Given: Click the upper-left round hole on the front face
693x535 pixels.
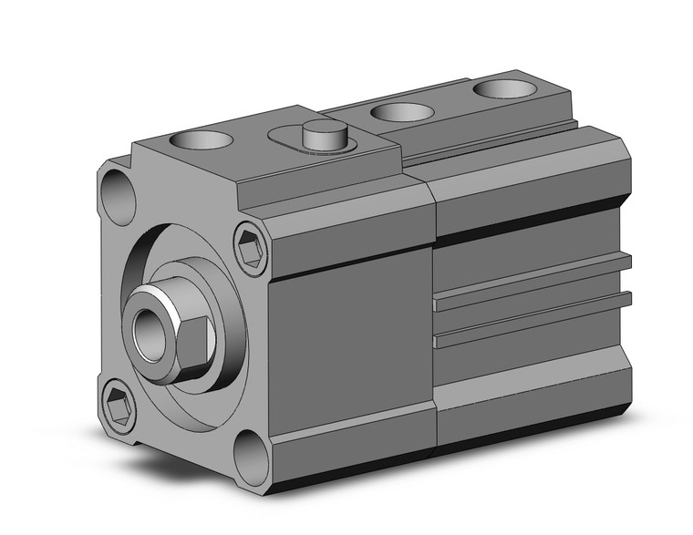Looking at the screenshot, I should click(x=117, y=190).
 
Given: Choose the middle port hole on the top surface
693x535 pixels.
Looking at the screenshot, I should click(x=402, y=112).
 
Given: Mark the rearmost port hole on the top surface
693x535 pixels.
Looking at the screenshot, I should click(x=502, y=88).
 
